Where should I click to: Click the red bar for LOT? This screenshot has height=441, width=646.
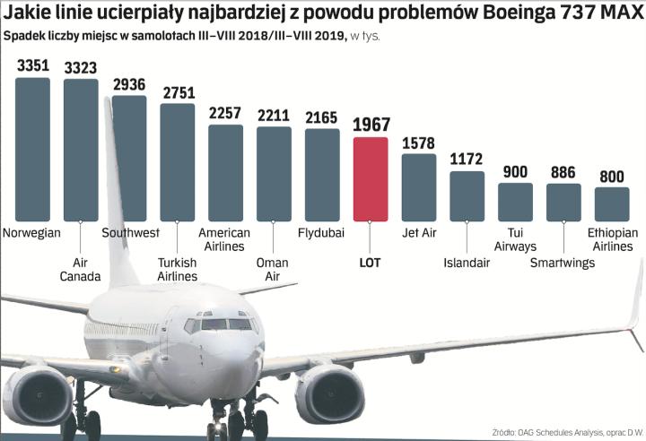pos(371,178)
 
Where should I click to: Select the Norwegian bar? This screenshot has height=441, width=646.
pos(33,149)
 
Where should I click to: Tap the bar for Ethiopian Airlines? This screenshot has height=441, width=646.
pos(612,204)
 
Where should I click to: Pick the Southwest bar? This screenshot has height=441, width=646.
pos(129,158)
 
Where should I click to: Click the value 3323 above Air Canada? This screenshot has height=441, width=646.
pos(81,67)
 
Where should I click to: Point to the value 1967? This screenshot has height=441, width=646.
pos(371,125)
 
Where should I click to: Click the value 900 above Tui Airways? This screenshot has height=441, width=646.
pos(515,172)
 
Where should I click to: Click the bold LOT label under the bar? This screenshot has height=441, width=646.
pos(371,263)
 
